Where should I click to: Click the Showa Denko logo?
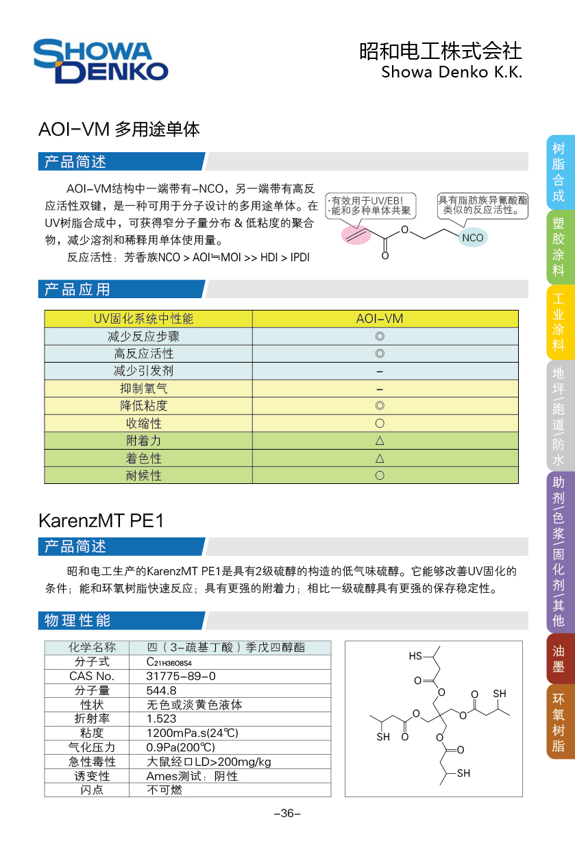pos(101,62)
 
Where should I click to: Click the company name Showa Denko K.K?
pos(451,72)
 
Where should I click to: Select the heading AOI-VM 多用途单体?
pos(119,129)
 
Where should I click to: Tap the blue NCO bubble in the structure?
pos(472,238)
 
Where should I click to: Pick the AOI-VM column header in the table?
pos(380,319)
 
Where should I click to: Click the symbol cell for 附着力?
pos(380,440)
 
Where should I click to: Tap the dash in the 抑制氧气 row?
pos(380,389)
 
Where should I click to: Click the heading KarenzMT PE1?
pos(101,520)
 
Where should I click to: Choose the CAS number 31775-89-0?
pos(181,676)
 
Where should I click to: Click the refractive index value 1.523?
pos(162,718)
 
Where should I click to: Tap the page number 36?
pos(287,814)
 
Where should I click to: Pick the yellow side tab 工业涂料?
pos(559,322)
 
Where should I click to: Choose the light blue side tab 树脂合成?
pos(559,172)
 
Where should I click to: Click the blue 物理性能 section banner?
pos(121,621)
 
